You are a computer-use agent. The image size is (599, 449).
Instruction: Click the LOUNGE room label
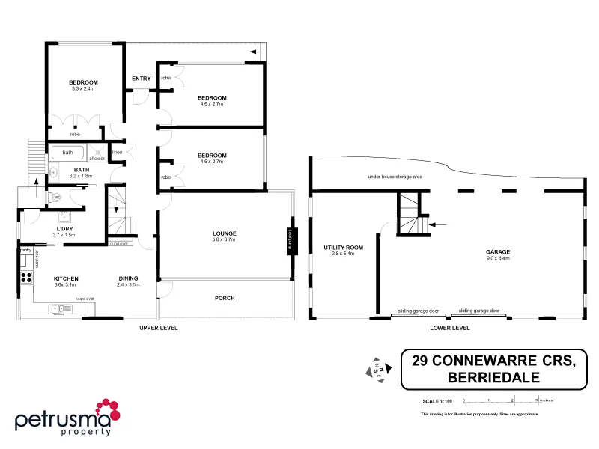point(224,233)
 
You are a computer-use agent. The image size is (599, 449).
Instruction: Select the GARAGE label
point(497,252)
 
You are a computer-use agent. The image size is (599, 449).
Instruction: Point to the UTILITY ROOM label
point(343,247)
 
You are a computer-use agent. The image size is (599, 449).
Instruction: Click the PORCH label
point(224,298)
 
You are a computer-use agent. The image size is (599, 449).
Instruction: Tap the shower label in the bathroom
point(97,159)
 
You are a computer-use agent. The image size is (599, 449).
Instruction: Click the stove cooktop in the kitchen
point(25,278)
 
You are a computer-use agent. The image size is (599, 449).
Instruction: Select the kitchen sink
point(57,308)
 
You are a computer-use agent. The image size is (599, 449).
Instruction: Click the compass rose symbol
point(376,370)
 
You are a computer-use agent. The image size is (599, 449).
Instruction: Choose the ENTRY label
point(141,79)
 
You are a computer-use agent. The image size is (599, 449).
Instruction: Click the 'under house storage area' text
point(395,177)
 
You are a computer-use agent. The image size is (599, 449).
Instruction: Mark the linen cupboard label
point(117,153)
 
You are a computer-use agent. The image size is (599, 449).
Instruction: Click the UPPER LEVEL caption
point(159,328)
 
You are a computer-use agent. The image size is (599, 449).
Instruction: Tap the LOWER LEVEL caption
point(451,328)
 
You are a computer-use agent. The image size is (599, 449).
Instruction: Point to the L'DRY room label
point(64,229)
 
